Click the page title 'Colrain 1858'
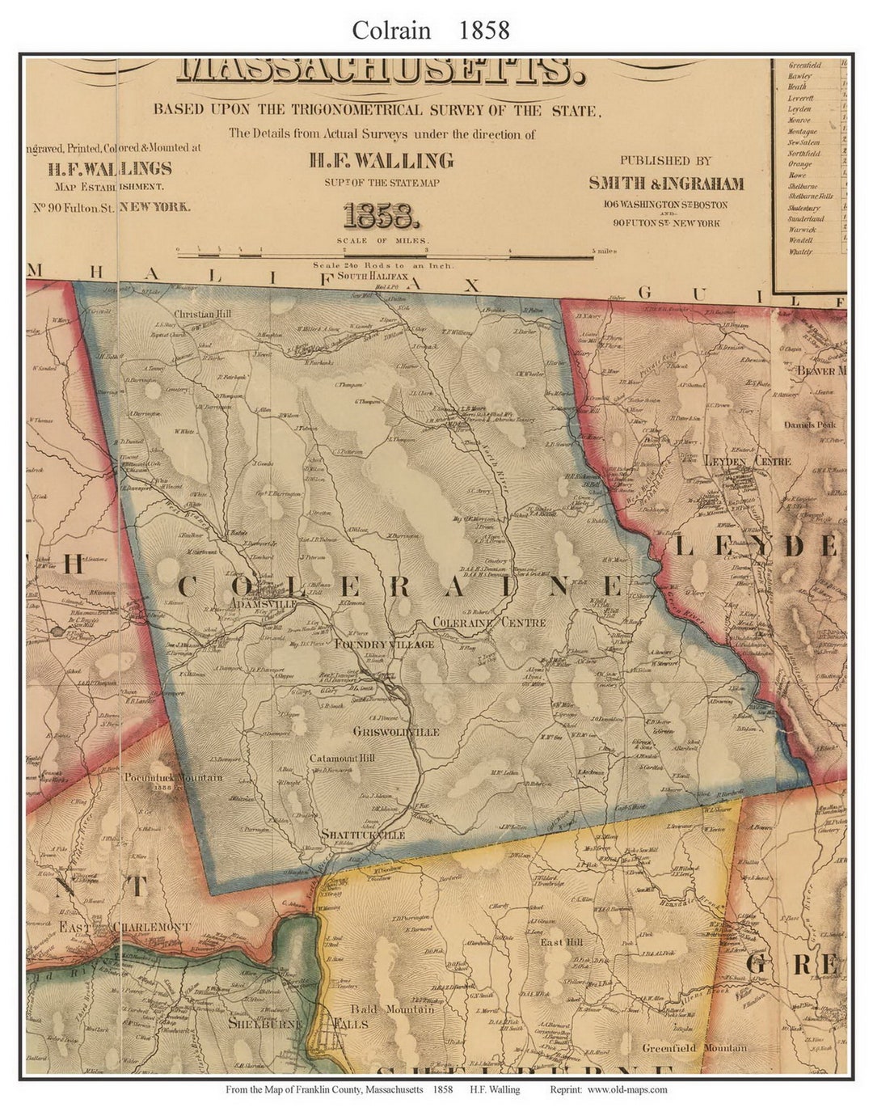[430, 30]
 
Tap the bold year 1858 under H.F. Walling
[382, 216]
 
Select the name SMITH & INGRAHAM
[666, 183]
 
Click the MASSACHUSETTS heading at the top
[380, 72]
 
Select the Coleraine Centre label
[489, 623]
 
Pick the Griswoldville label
[396, 731]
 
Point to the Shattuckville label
[362, 835]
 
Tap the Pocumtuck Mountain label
[173, 777]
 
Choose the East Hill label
[562, 943]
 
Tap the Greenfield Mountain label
[694, 1048]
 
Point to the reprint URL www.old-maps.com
[626, 1089]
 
